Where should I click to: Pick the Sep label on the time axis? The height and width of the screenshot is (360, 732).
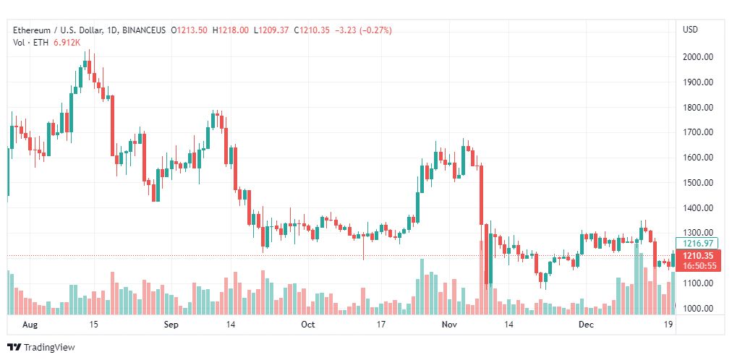170,325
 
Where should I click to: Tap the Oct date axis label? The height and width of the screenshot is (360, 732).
308,325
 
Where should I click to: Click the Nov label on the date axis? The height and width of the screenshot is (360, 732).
449,325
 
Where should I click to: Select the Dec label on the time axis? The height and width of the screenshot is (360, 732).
586,325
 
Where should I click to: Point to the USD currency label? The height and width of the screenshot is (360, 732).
690,30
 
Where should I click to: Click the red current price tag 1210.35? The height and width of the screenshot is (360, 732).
694,256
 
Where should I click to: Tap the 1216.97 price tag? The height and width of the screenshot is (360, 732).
694,244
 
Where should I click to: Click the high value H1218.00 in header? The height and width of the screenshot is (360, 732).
231,30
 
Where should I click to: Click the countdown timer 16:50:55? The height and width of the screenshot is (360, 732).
694,266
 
